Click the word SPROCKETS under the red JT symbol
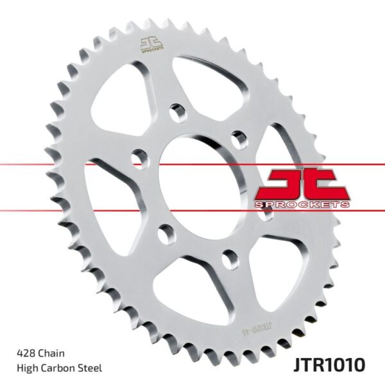point(301,204)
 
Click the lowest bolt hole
point(228,258)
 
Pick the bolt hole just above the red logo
point(239,137)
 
